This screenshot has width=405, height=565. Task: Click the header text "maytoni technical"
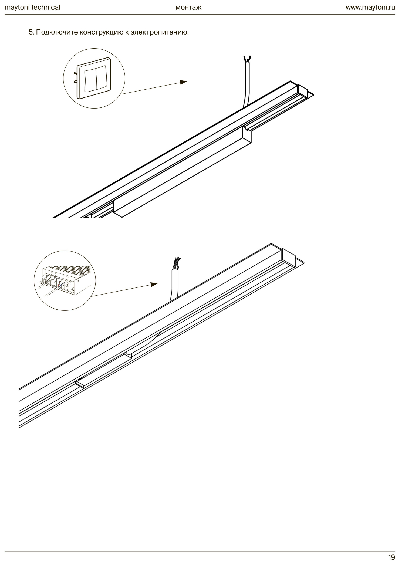coord(32,7)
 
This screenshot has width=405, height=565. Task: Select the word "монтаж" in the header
coord(188,7)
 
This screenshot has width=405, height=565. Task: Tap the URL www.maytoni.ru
coord(370,7)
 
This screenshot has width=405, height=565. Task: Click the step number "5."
coord(32,32)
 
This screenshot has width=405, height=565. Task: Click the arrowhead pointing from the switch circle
coord(184,82)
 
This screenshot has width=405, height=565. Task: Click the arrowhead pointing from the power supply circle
coord(154,284)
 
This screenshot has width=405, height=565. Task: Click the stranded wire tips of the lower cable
coord(177,263)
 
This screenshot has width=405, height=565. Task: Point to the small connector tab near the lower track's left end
coord(80,384)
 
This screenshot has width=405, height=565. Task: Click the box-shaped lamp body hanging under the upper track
coord(182,172)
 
